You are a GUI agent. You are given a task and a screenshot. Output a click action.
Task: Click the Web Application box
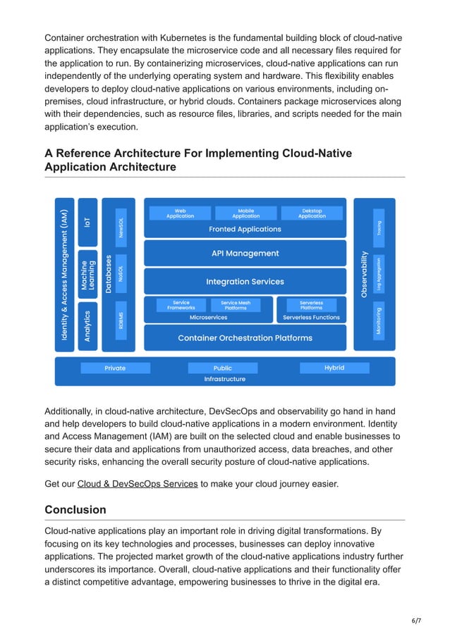(x=181, y=213)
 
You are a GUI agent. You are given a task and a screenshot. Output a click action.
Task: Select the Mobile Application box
(x=246, y=213)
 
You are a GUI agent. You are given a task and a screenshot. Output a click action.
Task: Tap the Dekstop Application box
(x=312, y=213)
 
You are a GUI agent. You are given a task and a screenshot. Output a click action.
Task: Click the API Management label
(x=245, y=253)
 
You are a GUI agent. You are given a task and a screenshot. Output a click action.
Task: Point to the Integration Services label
(x=245, y=281)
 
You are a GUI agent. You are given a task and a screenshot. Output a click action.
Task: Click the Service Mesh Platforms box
(x=236, y=305)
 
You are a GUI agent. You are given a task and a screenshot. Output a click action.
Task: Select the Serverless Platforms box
(x=311, y=305)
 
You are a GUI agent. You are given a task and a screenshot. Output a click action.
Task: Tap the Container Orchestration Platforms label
(x=245, y=338)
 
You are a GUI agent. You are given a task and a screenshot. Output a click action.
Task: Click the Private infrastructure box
(x=115, y=368)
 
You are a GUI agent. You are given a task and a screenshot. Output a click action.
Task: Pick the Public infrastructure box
(x=223, y=368)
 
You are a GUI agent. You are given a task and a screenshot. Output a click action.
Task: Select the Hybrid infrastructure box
(x=334, y=368)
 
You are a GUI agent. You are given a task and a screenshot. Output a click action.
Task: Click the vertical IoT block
(x=87, y=221)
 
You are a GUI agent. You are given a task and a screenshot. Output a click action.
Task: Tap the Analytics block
(x=87, y=326)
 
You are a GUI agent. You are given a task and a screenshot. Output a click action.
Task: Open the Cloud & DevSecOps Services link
(x=137, y=484)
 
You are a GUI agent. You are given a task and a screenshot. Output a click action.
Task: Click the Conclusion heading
(x=75, y=509)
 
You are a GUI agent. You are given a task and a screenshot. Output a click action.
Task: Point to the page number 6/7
(x=416, y=621)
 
